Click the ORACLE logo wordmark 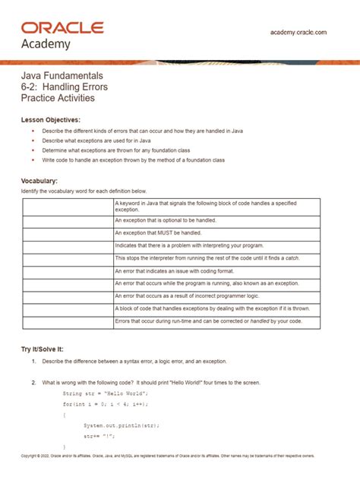click(63, 27)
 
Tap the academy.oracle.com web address click(298, 33)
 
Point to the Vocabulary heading click(39, 181)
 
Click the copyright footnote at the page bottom click(167, 456)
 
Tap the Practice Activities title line click(58, 99)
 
